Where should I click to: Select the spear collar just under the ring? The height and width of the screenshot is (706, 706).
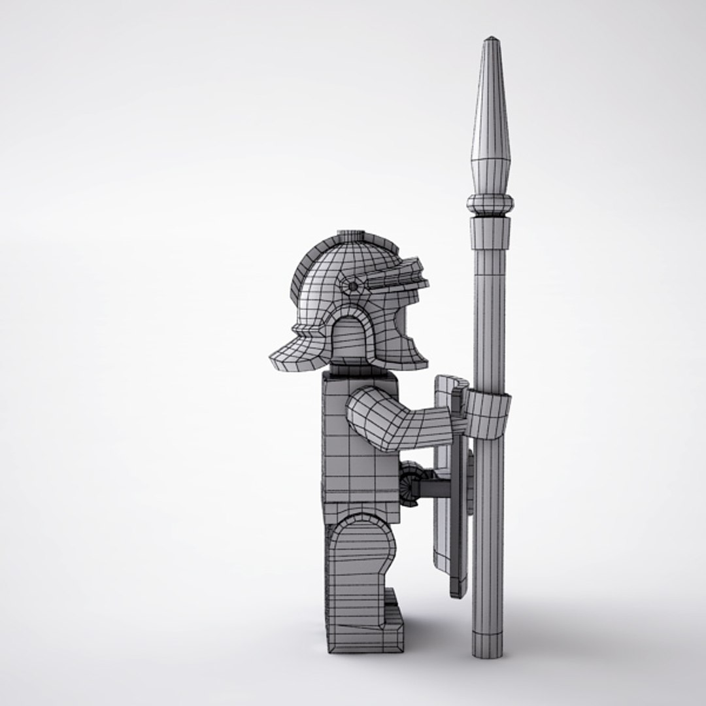[490, 232]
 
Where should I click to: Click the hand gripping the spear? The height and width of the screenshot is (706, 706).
[487, 415]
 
